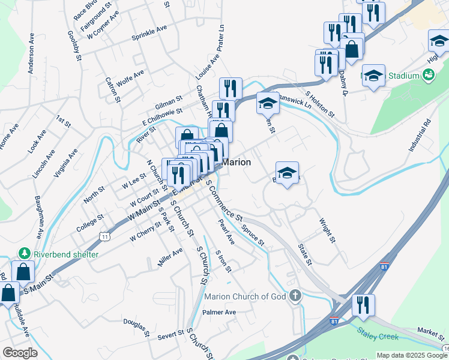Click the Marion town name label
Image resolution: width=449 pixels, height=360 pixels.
(237, 162)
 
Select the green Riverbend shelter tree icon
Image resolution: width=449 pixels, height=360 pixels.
(25, 254)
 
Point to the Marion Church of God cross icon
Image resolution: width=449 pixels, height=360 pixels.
(294, 295)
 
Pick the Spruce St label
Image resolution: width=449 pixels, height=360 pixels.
(253, 235)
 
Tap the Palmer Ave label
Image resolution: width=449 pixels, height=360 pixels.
(219, 312)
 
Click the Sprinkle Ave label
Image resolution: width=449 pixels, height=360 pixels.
(149, 34)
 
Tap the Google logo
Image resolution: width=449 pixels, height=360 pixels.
(20, 353)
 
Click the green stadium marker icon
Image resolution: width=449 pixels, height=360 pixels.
(429, 75)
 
